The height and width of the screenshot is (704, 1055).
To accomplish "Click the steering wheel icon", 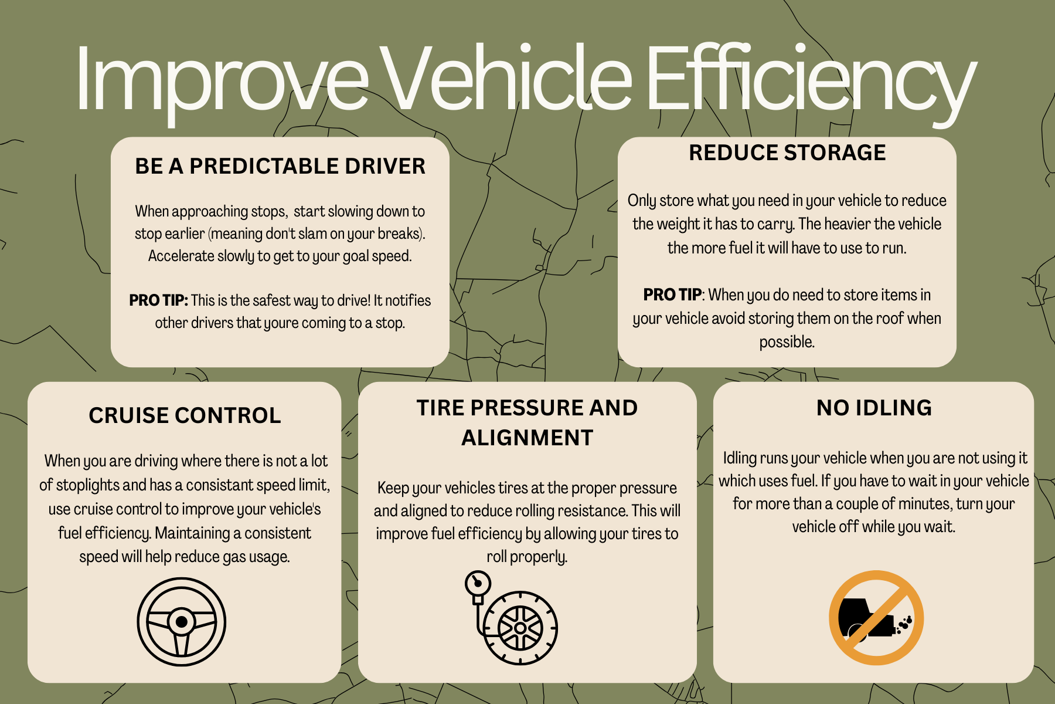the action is [x=182, y=621].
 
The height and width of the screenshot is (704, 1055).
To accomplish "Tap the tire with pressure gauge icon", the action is [x=511, y=618].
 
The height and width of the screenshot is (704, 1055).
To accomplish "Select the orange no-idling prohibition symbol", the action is [x=876, y=618].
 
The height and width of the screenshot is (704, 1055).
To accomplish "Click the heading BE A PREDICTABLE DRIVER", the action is [x=280, y=166].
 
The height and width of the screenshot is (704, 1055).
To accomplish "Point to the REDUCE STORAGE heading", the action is [x=787, y=153].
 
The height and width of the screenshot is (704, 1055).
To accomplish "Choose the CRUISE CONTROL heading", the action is [x=185, y=415].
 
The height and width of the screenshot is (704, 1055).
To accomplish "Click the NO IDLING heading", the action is [x=874, y=408].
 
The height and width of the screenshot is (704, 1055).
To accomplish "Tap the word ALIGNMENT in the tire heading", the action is [x=527, y=438].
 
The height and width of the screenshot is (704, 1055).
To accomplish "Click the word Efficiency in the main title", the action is [x=812, y=79].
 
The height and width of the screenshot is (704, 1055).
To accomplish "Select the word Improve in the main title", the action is [x=222, y=79].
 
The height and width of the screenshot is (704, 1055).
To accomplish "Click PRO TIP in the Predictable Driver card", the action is [x=158, y=300].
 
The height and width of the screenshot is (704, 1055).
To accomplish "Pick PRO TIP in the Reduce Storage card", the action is [x=672, y=295].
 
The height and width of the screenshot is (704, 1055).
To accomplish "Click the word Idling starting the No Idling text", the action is [x=740, y=459].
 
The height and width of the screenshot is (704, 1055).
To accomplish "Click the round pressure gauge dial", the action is [x=478, y=584].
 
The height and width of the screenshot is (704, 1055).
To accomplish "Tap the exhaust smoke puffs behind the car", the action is [x=904, y=624].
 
